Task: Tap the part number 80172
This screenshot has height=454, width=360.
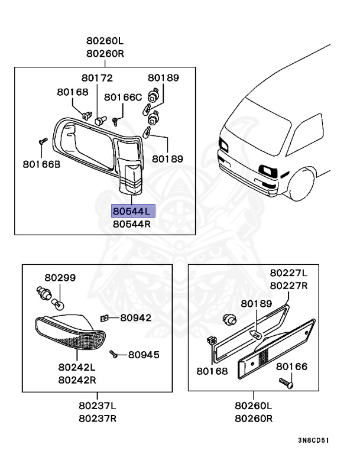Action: tap(97, 77)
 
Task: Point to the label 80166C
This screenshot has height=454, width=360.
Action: tap(123, 97)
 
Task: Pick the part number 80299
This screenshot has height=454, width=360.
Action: tap(60, 277)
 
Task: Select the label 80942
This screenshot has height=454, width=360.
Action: tap(135, 317)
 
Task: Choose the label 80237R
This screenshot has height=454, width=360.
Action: tap(97, 419)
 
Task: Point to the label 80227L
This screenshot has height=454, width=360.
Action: tap(288, 273)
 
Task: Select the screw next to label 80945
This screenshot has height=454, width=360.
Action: tap(115, 355)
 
